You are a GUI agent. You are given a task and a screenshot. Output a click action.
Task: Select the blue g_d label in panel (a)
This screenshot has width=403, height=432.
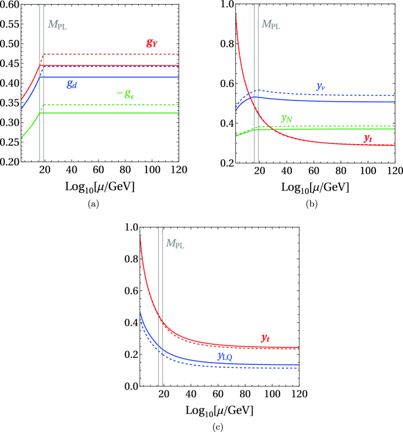(71, 85)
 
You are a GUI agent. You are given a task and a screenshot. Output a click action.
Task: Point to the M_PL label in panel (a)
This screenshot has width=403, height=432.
(57, 25)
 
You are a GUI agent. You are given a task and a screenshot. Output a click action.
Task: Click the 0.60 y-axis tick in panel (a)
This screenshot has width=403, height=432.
(10, 4)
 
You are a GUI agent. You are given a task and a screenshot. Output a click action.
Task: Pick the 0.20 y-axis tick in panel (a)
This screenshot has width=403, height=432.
(10, 162)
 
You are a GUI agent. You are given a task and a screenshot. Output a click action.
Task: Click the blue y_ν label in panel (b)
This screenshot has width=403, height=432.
(322, 86)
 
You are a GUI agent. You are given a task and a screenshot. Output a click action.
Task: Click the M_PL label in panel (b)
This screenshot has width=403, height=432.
(271, 25)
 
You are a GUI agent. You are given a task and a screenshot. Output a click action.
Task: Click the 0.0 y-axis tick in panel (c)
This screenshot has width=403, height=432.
(129, 387)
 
